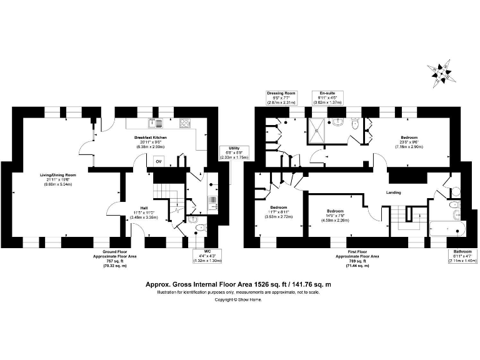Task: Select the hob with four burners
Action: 184,123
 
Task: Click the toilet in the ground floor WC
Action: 191,220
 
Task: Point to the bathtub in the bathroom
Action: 448,229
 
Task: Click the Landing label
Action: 394,192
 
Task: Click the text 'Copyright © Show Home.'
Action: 238,299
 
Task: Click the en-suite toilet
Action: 355,124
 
